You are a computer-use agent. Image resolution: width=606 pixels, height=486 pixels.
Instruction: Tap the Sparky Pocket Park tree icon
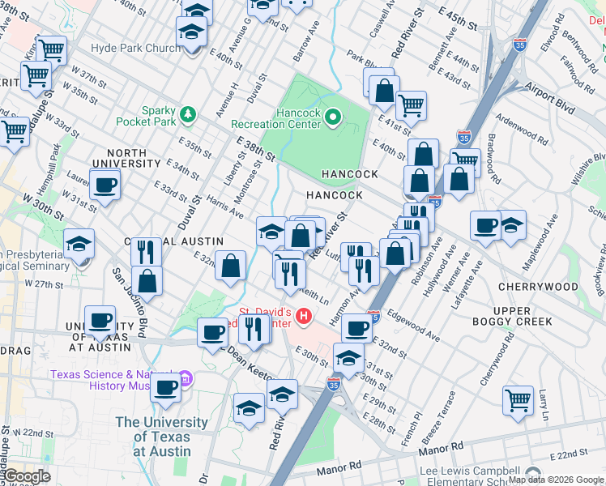tap(188, 114)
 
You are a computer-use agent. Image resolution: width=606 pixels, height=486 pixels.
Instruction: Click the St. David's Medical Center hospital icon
tap(304, 316)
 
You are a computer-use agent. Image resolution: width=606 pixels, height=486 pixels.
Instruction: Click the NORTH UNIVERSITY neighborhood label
tap(126, 158)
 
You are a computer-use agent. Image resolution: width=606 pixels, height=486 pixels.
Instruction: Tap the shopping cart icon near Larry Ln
tap(518, 399)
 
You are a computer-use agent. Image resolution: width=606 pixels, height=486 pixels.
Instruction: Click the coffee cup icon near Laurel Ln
tap(105, 185)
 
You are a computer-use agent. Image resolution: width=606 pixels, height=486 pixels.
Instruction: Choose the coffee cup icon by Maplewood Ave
tap(486, 225)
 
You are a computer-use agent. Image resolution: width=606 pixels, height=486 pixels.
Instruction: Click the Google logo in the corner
tap(28, 476)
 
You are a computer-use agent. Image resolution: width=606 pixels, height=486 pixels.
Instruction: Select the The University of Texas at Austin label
tap(162, 437)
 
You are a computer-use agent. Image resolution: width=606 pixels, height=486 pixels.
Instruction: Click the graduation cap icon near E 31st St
tap(348, 358)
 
